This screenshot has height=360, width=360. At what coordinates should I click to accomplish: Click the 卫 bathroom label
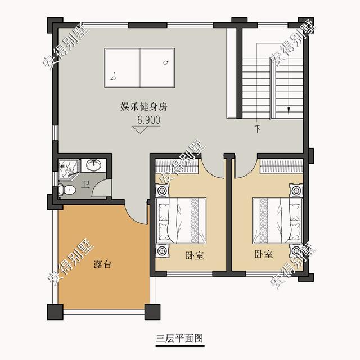[x=85, y=185]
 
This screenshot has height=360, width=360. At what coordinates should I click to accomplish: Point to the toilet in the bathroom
[x=67, y=190]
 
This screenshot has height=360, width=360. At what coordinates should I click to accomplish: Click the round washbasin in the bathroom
[x=94, y=165]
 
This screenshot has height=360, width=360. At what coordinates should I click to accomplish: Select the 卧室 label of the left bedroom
[x=195, y=255]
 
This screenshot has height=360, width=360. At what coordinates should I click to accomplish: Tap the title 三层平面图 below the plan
[x=179, y=339]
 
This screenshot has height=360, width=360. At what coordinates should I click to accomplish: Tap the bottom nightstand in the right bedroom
[x=296, y=251]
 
